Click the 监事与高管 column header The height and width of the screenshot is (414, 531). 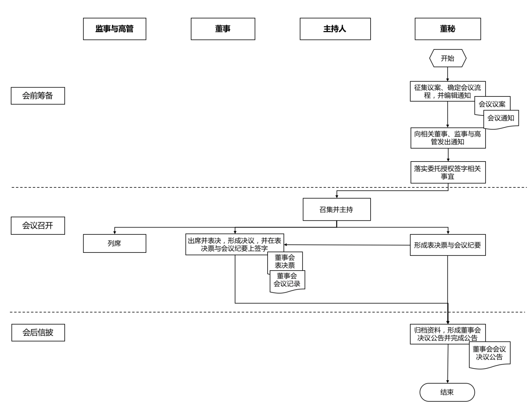pyautogui.click(x=115, y=29)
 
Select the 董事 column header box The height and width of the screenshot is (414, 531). pyautogui.click(x=223, y=29)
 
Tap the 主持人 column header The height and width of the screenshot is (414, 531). pyautogui.click(x=335, y=29)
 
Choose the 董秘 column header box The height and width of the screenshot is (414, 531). pyautogui.click(x=447, y=29)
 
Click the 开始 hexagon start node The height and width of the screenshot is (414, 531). pyautogui.click(x=447, y=58)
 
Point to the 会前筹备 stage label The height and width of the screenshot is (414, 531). pyautogui.click(x=38, y=96)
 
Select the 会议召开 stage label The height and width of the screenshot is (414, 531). pyautogui.click(x=38, y=225)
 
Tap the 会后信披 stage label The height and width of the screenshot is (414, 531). pyautogui.click(x=38, y=333)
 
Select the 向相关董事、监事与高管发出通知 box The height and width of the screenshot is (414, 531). pyautogui.click(x=448, y=138)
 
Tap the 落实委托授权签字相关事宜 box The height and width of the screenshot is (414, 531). pyautogui.click(x=448, y=172)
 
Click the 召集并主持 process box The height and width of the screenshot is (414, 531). pyautogui.click(x=336, y=210)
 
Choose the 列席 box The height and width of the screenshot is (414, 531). pyautogui.click(x=115, y=244)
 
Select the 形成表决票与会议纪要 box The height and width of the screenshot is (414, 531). pyautogui.click(x=447, y=245)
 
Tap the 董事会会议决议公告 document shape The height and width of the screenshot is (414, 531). pyautogui.click(x=490, y=354)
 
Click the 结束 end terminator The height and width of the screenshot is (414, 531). pyautogui.click(x=447, y=392)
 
